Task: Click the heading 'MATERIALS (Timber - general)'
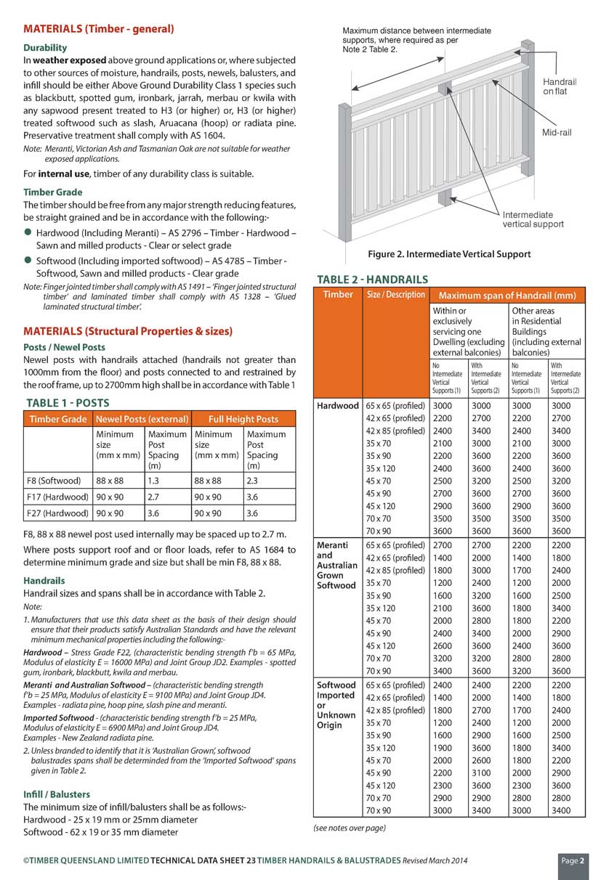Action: (99, 30)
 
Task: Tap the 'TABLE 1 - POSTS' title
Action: (68, 403)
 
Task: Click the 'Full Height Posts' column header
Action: (243, 419)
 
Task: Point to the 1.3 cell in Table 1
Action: (155, 481)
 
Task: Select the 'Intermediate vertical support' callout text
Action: (533, 219)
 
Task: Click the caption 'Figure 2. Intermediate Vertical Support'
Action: (449, 254)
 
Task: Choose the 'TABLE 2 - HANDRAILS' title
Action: (372, 280)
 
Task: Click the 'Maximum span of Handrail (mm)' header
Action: (507, 296)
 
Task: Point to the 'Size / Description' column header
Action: (395, 295)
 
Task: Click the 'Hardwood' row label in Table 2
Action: (338, 406)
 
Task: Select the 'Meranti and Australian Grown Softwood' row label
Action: (337, 565)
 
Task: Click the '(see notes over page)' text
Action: (350, 828)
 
